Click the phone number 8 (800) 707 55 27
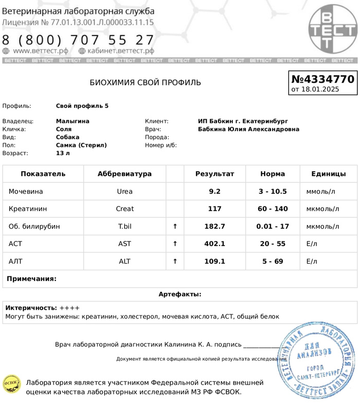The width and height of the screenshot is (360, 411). pyautogui.click(x=78, y=40)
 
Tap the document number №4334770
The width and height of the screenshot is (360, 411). pyautogui.click(x=322, y=79)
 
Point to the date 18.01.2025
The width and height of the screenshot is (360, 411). pyautogui.click(x=320, y=89)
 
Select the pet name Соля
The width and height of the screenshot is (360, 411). pyautogui.click(x=64, y=129)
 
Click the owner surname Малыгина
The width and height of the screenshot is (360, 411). pyautogui.click(x=73, y=121)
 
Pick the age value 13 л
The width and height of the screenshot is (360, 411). pyautogui.click(x=63, y=153)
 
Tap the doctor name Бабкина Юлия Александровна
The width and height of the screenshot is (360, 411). pyautogui.click(x=248, y=129)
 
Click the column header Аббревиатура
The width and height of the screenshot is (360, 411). pyautogui.click(x=124, y=174)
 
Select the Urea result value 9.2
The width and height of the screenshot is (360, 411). pyautogui.click(x=214, y=192)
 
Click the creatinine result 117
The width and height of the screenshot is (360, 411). pyautogui.click(x=214, y=209)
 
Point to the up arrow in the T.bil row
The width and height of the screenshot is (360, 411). pyautogui.click(x=175, y=227)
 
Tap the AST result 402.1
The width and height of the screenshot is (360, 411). pyautogui.click(x=214, y=244)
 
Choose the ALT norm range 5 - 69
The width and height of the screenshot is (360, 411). pyautogui.click(x=273, y=261)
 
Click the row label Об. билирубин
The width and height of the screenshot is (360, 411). pyautogui.click(x=34, y=227)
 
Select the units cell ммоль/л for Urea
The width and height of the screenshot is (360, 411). pyautogui.click(x=320, y=192)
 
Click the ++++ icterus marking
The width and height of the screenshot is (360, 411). pyautogui.click(x=69, y=308)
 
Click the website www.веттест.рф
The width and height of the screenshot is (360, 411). pyautogui.click(x=40, y=51)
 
